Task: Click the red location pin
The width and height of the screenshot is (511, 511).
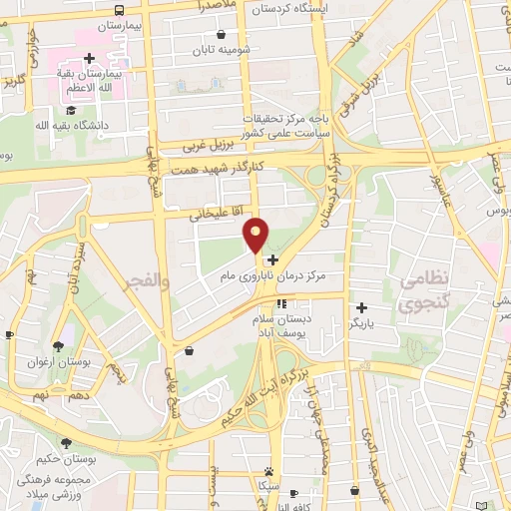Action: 256,234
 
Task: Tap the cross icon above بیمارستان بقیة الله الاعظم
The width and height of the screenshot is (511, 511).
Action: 91,58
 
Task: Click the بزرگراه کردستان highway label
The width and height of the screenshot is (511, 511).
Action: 335,200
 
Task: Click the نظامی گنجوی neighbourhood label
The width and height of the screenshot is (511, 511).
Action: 426,294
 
